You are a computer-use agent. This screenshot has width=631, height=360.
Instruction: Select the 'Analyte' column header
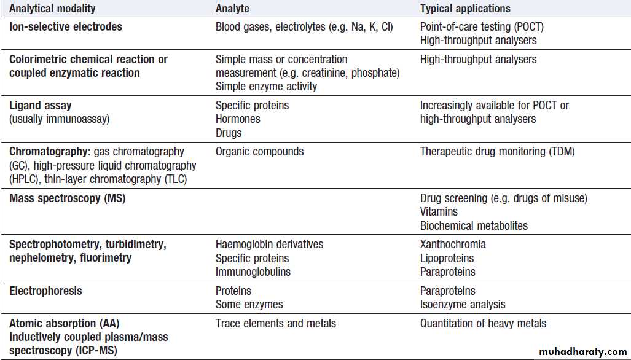(232, 9)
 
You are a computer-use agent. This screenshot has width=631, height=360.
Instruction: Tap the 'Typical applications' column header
(465, 9)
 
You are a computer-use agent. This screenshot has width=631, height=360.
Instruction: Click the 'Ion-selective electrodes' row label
(65, 27)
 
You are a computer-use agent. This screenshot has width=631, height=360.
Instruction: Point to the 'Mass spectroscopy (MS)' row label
(68, 198)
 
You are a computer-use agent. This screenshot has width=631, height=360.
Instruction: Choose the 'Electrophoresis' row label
(45, 291)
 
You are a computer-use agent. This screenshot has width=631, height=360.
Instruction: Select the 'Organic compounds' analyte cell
(259, 152)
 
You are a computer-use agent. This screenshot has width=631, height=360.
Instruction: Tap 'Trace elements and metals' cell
(276, 323)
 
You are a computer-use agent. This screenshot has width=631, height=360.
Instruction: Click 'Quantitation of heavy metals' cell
(483, 323)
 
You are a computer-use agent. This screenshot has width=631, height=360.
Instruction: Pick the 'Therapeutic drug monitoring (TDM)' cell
(497, 152)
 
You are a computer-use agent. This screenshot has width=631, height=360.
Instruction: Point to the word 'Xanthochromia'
(453, 245)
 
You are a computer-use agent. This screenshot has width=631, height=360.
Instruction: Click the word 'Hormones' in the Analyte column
(238, 119)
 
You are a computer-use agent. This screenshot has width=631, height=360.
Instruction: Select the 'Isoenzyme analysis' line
(463, 304)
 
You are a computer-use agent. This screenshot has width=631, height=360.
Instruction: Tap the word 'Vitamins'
(439, 212)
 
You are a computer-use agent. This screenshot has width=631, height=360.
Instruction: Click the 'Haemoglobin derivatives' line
(269, 245)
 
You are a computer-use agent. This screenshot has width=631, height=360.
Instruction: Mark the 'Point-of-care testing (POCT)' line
(482, 27)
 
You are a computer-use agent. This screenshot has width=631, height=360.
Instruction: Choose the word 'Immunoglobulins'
(253, 272)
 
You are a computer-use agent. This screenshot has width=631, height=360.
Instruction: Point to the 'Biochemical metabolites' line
(474, 225)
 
